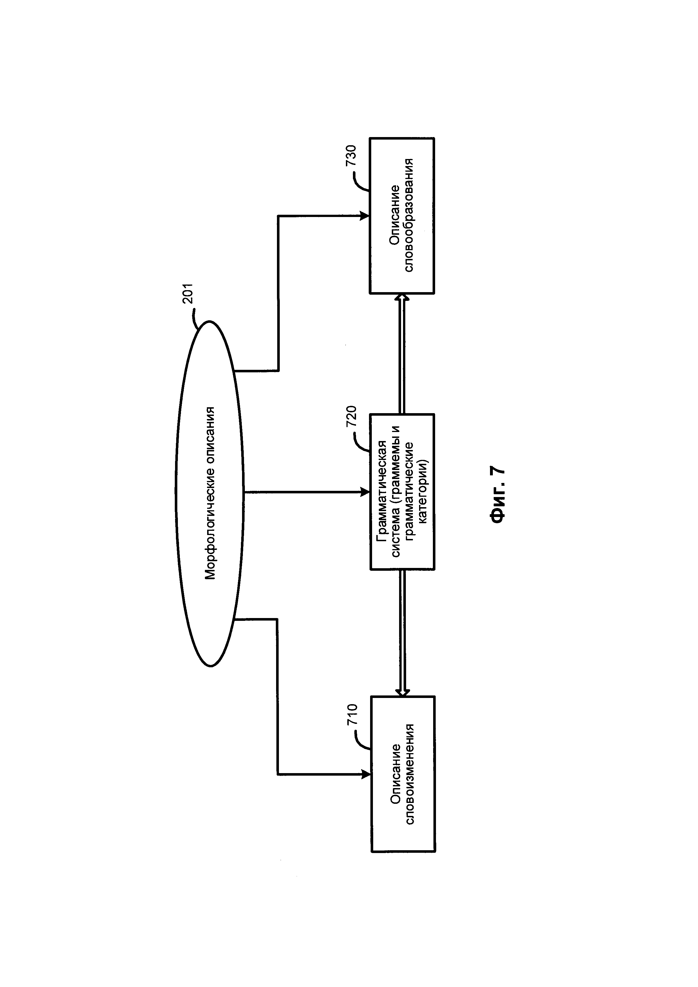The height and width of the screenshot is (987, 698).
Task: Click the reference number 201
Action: (188, 294)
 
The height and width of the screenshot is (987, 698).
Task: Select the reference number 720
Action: (351, 416)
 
